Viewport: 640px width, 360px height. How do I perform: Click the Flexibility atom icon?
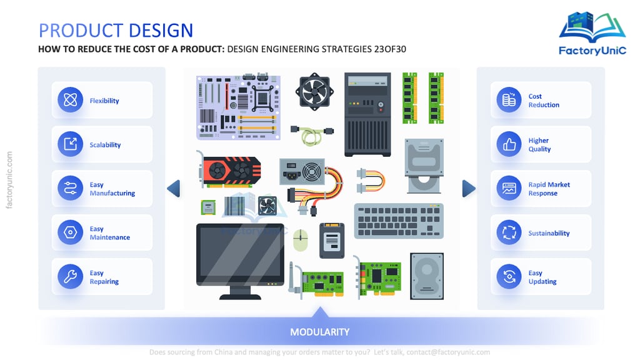70,100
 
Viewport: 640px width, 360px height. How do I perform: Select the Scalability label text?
105,145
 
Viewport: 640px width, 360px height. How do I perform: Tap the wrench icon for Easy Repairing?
70,276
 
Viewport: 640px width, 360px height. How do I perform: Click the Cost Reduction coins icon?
509,100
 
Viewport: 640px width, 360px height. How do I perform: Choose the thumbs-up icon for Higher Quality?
509,144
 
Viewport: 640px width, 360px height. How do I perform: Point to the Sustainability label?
549,233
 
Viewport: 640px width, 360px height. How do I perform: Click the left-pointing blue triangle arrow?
174,188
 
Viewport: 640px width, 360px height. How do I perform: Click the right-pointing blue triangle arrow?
468,188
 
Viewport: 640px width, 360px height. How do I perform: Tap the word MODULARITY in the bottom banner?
319,332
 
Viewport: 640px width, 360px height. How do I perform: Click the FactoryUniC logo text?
592,51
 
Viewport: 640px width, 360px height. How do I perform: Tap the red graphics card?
229,169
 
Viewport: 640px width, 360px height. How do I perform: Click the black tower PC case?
367,114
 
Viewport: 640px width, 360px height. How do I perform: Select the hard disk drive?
426,275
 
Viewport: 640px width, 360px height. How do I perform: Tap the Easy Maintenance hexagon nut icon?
70,232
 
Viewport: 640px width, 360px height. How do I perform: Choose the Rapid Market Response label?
549,189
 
